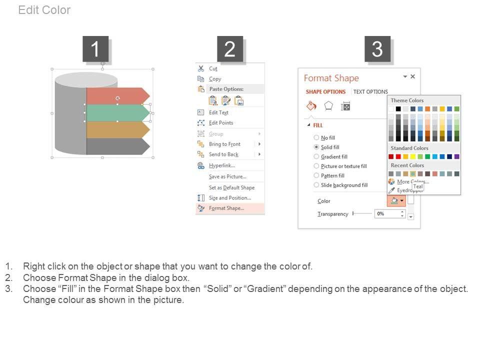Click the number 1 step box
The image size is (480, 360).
(95, 49)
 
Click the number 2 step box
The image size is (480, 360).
(230, 49)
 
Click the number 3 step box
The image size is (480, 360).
(377, 49)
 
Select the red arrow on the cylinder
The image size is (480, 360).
(118, 96)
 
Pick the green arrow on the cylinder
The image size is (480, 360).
(118, 113)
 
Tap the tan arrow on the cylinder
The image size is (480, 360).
(118, 130)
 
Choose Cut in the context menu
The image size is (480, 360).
(213, 68)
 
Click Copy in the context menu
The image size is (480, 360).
(215, 79)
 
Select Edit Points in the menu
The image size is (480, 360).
(221, 123)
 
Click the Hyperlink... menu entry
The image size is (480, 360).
(222, 165)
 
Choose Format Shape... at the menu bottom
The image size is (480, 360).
(226, 208)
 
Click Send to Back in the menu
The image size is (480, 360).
(223, 154)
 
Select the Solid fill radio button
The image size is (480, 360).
(316, 147)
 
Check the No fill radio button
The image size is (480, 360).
(316, 138)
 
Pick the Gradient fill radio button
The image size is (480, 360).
(316, 156)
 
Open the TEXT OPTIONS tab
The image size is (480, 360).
(370, 92)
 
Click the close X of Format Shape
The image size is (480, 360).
(412, 76)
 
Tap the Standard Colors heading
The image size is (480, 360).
(409, 148)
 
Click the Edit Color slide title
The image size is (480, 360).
(44, 10)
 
